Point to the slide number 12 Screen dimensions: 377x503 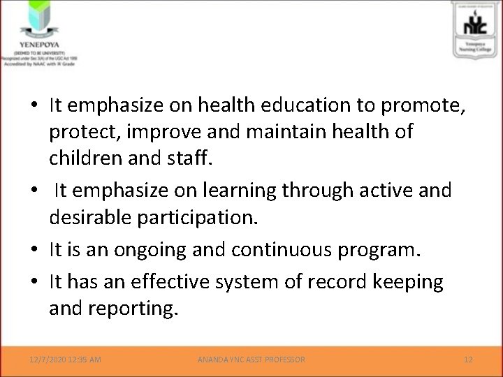[468, 360]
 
